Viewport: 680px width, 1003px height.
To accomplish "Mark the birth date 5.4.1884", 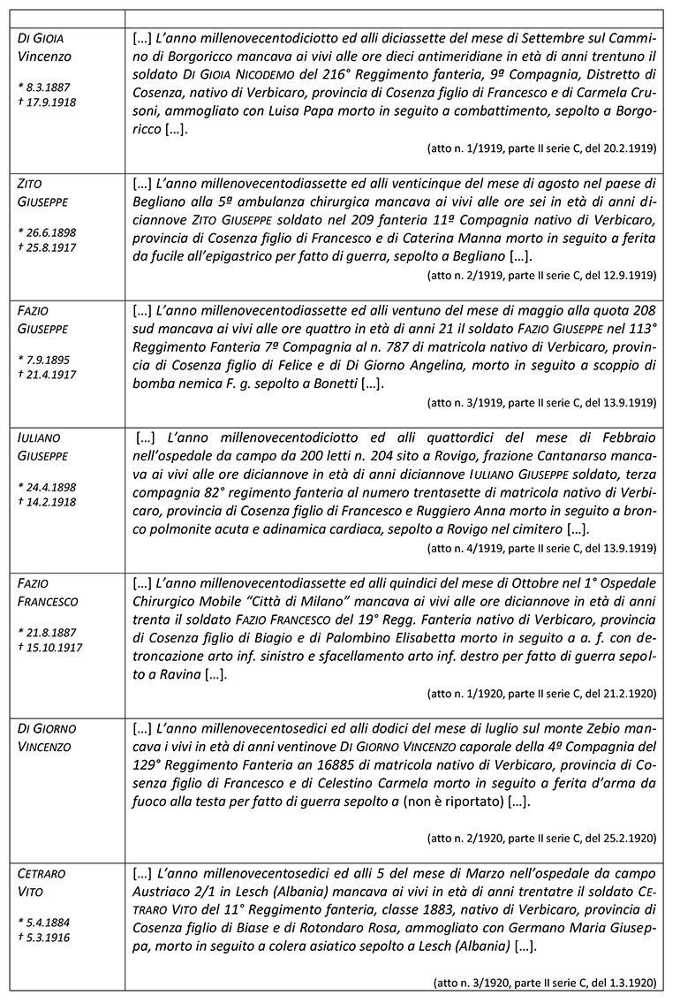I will pyautogui.click(x=44, y=923).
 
